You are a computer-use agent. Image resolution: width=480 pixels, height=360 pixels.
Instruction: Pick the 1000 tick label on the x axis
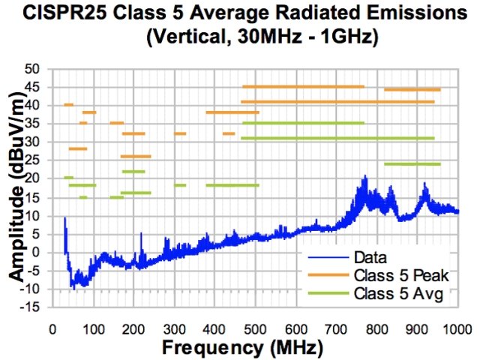457,328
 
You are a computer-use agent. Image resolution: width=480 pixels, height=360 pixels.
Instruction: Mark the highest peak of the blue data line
365,177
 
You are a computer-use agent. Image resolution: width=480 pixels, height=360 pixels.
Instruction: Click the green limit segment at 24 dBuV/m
412,163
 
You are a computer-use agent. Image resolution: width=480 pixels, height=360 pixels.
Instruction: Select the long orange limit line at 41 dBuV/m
337,101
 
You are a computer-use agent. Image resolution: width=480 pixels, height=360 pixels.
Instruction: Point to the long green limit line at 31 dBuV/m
337,138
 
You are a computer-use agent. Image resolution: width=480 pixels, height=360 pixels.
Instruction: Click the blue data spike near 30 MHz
64,219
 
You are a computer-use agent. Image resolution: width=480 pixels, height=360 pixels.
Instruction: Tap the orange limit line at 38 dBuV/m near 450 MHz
232,112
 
